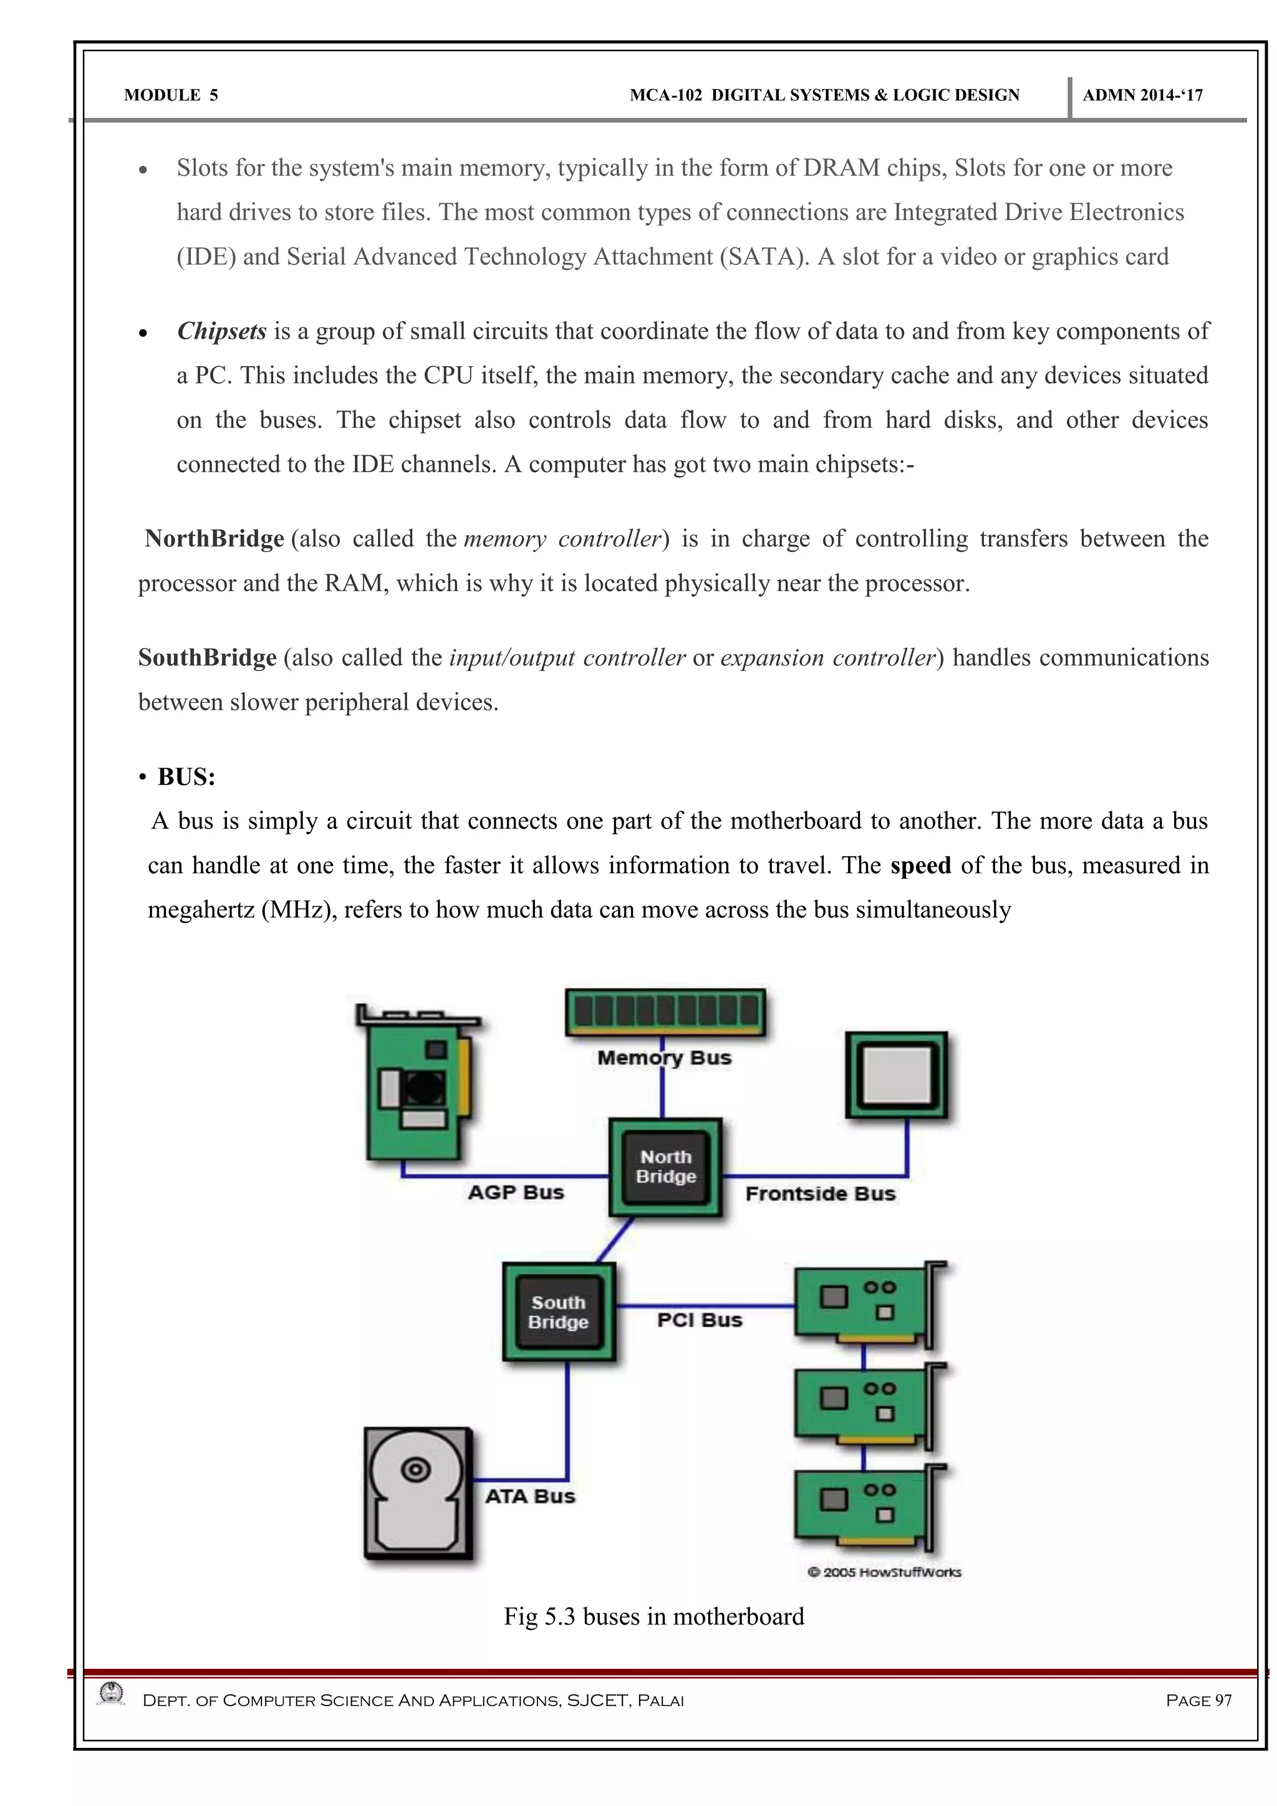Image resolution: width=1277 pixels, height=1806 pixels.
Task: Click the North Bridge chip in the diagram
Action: (x=665, y=1167)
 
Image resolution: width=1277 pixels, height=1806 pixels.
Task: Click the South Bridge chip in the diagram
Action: (x=558, y=1312)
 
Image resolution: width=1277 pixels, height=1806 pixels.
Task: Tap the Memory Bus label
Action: (x=665, y=1058)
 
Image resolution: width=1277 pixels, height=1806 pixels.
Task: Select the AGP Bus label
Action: (x=516, y=1192)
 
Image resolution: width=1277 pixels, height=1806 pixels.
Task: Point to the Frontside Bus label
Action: (x=820, y=1194)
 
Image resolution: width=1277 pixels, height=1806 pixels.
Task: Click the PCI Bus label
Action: (x=700, y=1320)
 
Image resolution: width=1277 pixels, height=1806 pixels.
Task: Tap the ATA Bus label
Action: (x=530, y=1496)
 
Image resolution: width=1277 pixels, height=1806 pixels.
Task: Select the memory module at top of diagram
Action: (x=665, y=1012)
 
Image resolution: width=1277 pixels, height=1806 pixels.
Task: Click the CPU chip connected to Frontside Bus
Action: (x=897, y=1074)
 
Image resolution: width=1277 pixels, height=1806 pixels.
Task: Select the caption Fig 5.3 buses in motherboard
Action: (x=653, y=1616)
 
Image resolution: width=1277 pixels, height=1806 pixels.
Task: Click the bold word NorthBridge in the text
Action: (x=214, y=539)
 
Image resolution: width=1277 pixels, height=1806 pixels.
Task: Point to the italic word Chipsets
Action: (x=222, y=331)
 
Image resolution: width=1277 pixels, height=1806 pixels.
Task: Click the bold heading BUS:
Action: (x=186, y=777)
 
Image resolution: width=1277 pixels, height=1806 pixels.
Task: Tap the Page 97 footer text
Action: (x=1198, y=1701)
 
